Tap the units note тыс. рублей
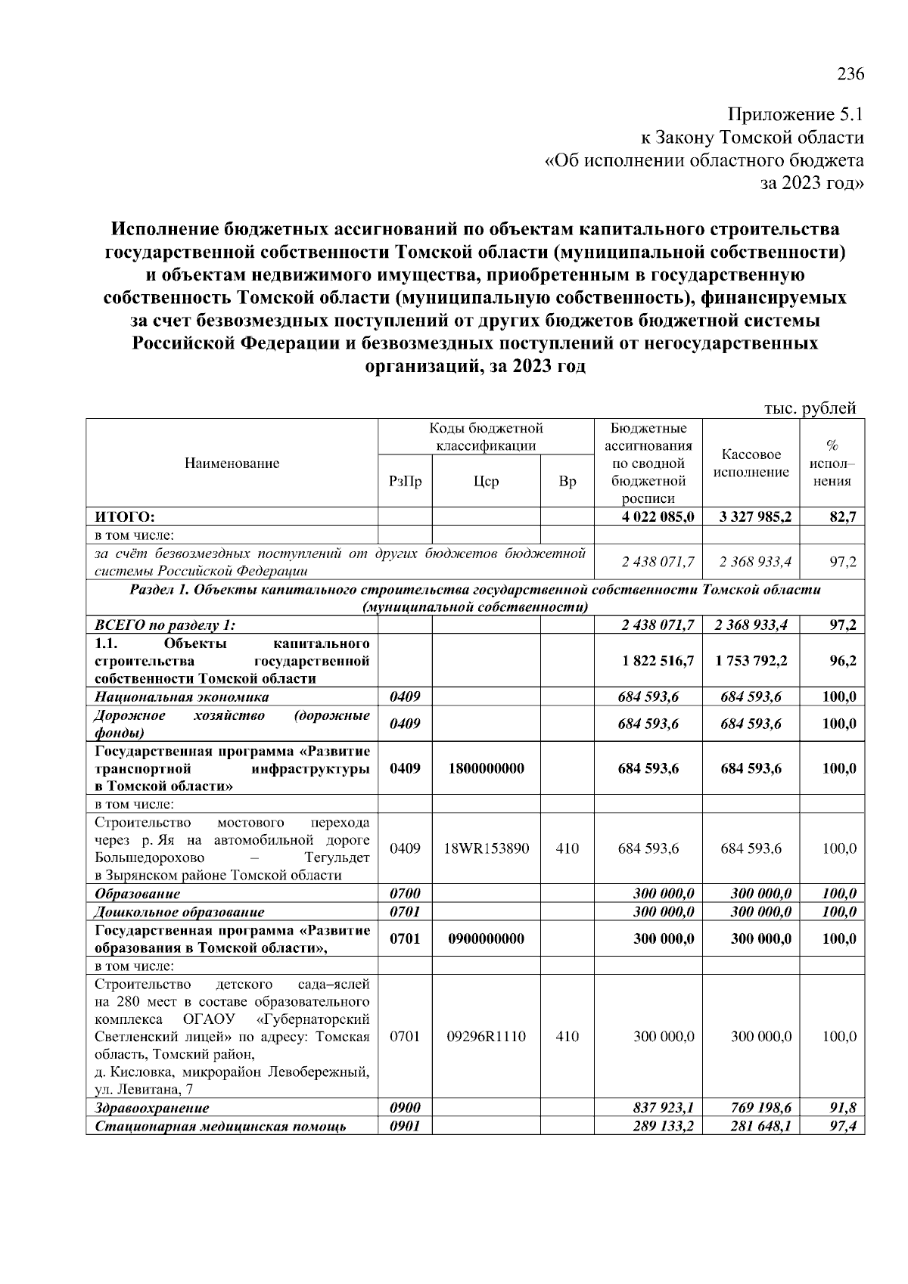click(810, 408)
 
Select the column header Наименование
click(232, 464)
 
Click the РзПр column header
click(405, 481)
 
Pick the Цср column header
click(486, 481)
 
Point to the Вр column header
click(567, 481)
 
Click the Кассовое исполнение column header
click(751, 464)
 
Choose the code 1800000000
click(486, 768)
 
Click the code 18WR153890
click(486, 848)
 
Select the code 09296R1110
click(486, 1037)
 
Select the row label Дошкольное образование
click(179, 912)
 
